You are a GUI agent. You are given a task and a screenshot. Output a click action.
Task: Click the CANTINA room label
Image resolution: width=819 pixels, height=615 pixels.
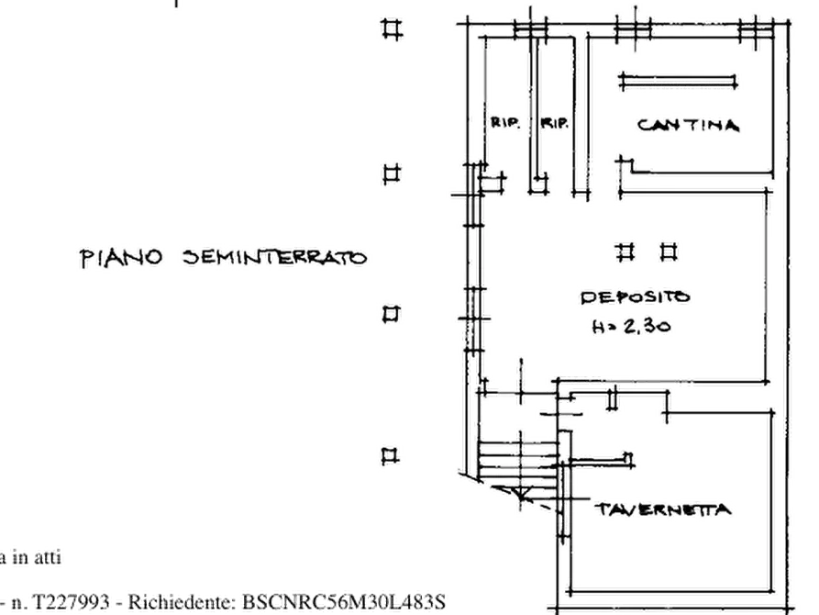(x=689, y=125)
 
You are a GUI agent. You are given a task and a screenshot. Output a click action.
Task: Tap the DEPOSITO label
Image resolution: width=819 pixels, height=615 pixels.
(x=636, y=297)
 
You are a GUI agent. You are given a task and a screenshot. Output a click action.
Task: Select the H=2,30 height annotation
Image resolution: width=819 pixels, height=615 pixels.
(x=631, y=327)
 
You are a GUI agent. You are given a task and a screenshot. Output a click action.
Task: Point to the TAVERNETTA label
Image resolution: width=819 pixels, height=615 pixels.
(x=663, y=509)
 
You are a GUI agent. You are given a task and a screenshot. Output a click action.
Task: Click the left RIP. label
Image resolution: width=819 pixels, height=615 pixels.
(x=505, y=123)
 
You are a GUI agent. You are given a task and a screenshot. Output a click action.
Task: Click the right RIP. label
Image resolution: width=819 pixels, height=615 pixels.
(x=554, y=123)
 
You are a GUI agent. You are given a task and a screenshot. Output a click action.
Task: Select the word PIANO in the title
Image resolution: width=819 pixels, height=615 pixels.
(x=121, y=258)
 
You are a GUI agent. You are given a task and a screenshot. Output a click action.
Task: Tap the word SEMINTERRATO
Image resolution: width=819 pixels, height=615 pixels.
(x=275, y=257)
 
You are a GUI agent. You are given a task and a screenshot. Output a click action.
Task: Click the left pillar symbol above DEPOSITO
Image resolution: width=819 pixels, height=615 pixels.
(x=625, y=252)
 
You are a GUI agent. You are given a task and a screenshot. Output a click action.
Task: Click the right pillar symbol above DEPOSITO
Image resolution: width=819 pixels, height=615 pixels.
(x=670, y=252)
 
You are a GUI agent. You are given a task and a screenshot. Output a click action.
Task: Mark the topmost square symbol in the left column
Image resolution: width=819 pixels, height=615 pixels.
(x=393, y=28)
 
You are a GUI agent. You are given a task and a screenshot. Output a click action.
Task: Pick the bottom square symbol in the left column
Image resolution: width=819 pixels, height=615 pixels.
(x=391, y=456)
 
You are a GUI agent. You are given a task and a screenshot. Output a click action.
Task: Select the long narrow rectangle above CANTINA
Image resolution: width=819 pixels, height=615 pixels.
(x=678, y=81)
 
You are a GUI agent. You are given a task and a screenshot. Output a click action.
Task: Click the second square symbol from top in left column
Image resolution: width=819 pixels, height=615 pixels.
(x=392, y=173)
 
